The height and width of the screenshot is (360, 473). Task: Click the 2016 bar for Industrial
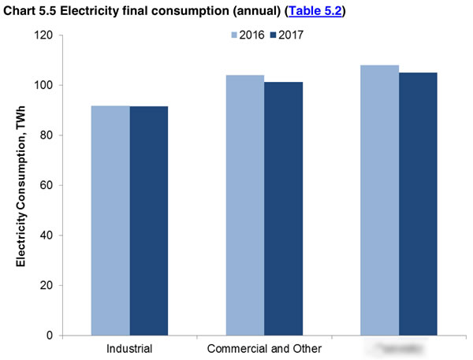[110, 221]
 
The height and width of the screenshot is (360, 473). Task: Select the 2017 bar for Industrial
[149, 221]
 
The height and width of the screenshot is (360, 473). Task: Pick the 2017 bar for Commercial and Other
[284, 209]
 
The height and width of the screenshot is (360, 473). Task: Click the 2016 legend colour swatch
[235, 35]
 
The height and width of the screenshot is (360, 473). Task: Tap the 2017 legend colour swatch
[274, 35]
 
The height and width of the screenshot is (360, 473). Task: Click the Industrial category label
[128, 347]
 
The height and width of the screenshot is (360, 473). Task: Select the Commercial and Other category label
[264, 347]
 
